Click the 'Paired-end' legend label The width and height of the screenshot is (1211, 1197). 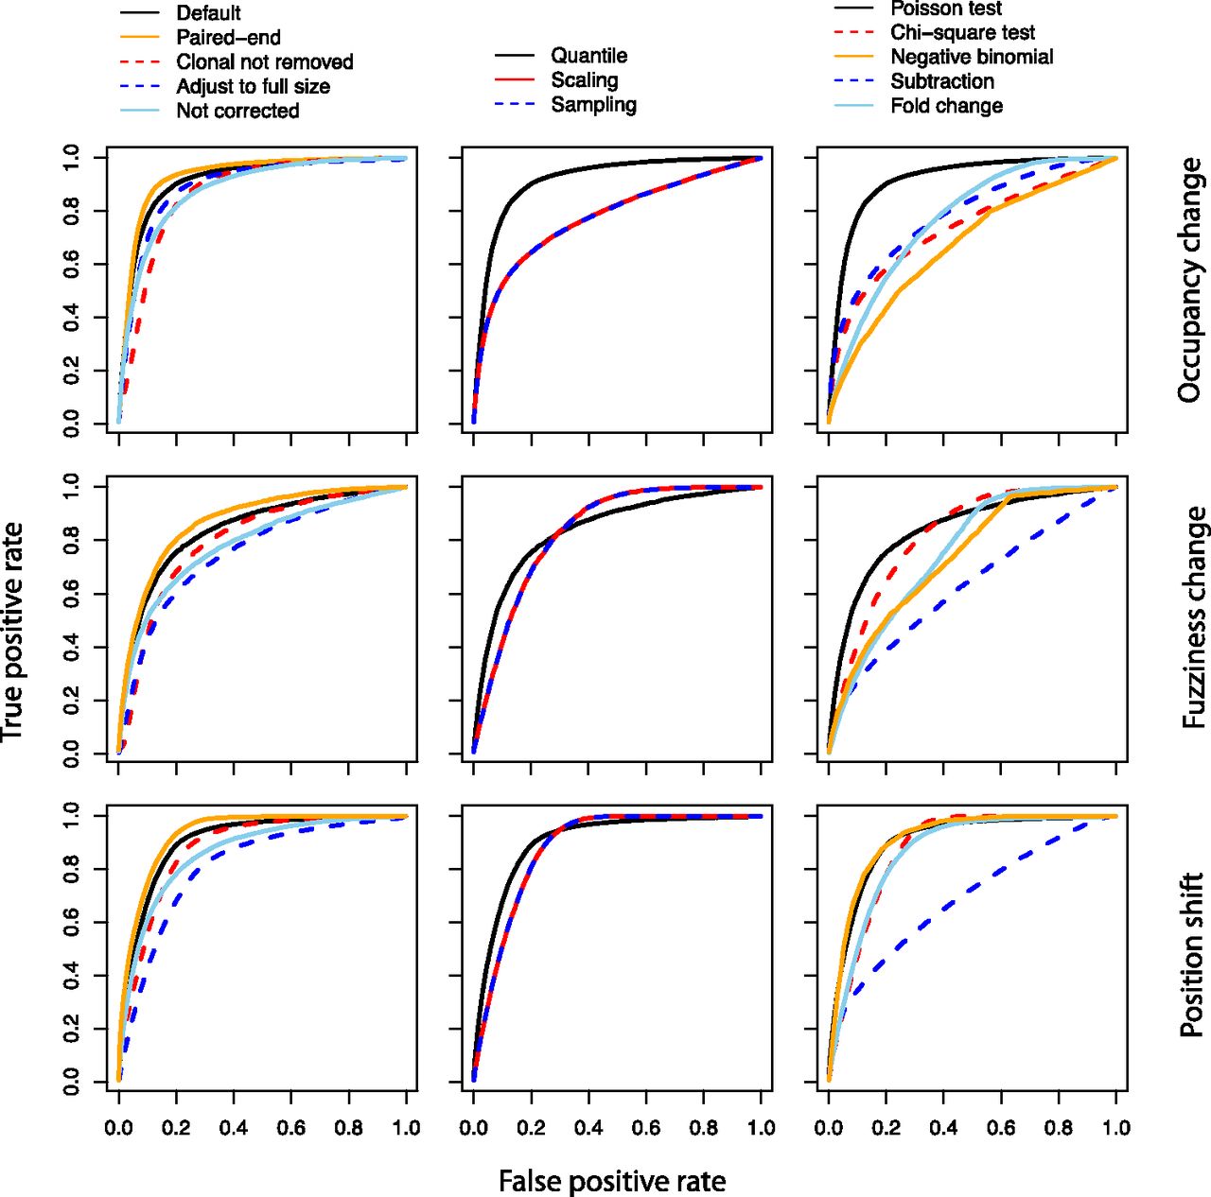pos(228,38)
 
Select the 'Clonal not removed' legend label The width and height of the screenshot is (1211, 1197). pos(264,62)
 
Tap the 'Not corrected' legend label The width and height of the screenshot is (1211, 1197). pos(237,111)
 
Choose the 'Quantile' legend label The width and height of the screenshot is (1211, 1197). pos(588,56)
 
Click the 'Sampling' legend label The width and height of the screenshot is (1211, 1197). pos(593,105)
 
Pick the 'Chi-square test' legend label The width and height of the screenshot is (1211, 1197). pos(962,33)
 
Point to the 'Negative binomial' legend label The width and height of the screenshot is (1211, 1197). pos(972,57)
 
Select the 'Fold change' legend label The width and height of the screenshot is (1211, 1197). pos(946,106)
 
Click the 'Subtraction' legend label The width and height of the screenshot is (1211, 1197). pos(942,81)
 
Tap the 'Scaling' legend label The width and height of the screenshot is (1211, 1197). pos(585,80)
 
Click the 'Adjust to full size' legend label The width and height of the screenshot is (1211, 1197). pos(253,87)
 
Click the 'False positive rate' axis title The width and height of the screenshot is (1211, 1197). pos(612,1181)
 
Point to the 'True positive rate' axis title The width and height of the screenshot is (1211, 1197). pos(12,631)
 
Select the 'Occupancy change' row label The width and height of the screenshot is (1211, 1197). pos(1190,281)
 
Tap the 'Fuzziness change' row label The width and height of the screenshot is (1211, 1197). pos(1194,617)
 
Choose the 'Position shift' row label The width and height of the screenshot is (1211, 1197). pos(1192,955)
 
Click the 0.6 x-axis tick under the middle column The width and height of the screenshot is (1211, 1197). pos(646,1128)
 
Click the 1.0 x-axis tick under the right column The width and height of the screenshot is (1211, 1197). pos(1116,1128)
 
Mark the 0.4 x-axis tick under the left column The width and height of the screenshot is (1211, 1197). pos(234,1128)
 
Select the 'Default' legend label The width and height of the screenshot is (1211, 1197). pos(208,13)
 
